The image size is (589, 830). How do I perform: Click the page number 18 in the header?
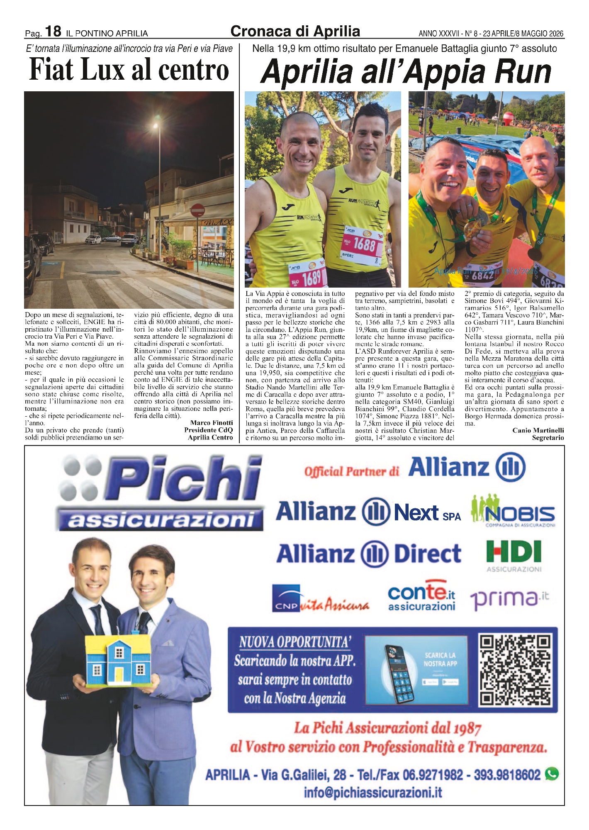(54, 31)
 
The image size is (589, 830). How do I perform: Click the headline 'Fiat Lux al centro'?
(129, 70)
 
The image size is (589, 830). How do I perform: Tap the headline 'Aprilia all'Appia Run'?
(405, 72)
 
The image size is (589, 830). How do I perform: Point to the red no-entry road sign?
(197, 210)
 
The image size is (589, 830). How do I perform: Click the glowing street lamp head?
(156, 125)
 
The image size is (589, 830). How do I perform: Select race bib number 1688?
(364, 244)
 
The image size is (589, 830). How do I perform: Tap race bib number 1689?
(309, 276)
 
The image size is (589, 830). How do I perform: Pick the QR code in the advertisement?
(516, 670)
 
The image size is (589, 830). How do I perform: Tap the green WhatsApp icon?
(552, 774)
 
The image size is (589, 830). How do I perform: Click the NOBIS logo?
(514, 511)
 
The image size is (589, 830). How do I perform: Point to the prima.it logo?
(509, 599)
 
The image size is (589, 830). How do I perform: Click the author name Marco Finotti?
(212, 423)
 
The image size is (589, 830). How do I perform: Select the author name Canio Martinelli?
(538, 430)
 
